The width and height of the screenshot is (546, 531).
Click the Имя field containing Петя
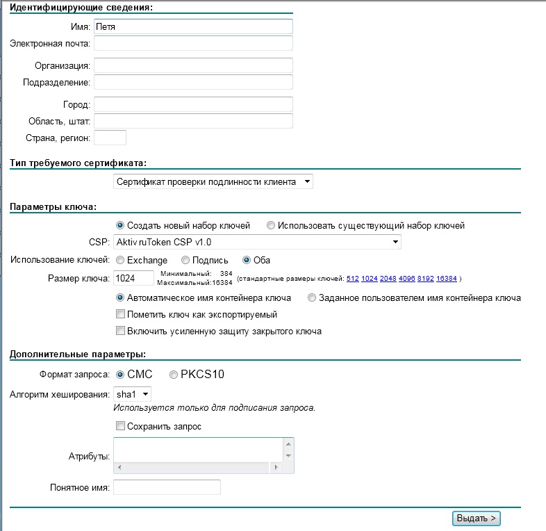[192, 26]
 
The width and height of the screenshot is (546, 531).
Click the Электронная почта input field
[192, 43]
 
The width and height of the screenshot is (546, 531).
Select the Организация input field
[192, 65]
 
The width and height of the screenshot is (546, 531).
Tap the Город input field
[192, 104]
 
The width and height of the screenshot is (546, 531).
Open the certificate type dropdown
[213, 181]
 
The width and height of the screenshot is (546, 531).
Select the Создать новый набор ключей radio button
[120, 225]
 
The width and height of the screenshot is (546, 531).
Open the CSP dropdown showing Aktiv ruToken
[257, 242]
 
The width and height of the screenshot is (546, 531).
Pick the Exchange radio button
[120, 260]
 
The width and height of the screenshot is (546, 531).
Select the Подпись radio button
[185, 260]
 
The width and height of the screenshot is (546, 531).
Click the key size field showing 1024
[133, 278]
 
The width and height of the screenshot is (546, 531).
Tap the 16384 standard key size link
[447, 279]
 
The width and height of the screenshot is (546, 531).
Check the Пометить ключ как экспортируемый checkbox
[120, 314]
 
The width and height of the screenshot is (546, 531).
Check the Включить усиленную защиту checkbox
[120, 331]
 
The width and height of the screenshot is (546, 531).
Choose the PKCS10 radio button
[174, 375]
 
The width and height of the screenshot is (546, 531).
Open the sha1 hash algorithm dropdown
[132, 394]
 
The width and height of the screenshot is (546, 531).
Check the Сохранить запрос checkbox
[120, 426]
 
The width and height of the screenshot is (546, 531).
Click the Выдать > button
[477, 518]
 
